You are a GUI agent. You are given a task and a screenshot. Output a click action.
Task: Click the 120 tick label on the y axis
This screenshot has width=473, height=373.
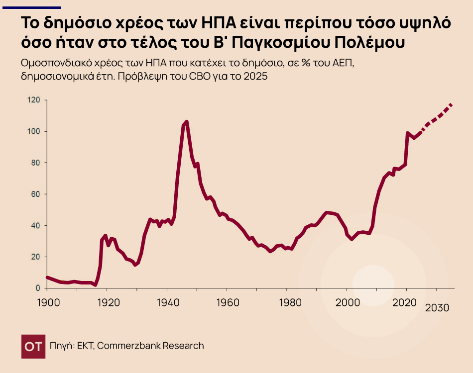point(33,100)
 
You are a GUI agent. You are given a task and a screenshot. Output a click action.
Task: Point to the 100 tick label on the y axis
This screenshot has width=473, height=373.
point(33,131)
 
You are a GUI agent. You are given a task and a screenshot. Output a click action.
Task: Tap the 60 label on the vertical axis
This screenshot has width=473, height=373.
point(35,194)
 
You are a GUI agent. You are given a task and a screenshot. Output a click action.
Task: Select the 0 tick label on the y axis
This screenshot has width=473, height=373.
point(37,288)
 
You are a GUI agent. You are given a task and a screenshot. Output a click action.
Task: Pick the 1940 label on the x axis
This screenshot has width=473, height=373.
point(167,301)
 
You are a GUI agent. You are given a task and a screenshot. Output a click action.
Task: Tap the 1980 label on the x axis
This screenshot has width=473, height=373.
point(287,301)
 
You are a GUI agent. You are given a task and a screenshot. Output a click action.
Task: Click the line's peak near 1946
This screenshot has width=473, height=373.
point(186,121)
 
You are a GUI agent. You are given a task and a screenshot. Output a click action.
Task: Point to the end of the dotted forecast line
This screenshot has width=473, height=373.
point(452,104)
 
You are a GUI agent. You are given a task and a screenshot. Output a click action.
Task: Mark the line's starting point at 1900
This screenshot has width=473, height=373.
point(47,277)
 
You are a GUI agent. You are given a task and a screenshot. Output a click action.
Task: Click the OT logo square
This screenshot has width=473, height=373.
point(33,346)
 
